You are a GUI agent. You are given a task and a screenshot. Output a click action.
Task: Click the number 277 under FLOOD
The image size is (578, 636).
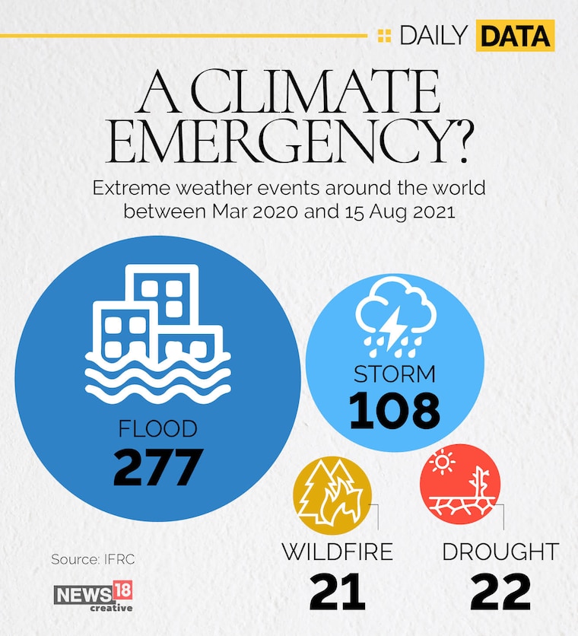coord(158,467)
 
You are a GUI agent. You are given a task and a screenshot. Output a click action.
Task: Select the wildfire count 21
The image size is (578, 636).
coord(338,592)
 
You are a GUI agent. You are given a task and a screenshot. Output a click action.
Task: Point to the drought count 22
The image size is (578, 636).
coord(500,592)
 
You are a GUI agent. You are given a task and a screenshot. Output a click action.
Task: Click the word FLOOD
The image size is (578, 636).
coord(158,429)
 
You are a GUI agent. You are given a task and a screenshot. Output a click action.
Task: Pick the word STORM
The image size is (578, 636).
coord(395,374)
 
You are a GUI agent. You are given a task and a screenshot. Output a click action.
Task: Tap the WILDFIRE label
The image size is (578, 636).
coord(338,552)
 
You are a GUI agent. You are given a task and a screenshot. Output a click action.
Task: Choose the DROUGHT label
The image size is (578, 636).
coord(500,552)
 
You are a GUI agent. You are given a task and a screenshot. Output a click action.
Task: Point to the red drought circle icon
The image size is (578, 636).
coord(460,487)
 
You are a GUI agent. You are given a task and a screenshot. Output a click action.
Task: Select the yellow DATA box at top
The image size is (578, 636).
coord(515,35)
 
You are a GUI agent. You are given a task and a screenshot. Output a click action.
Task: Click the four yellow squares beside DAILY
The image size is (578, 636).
coord(385,35)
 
